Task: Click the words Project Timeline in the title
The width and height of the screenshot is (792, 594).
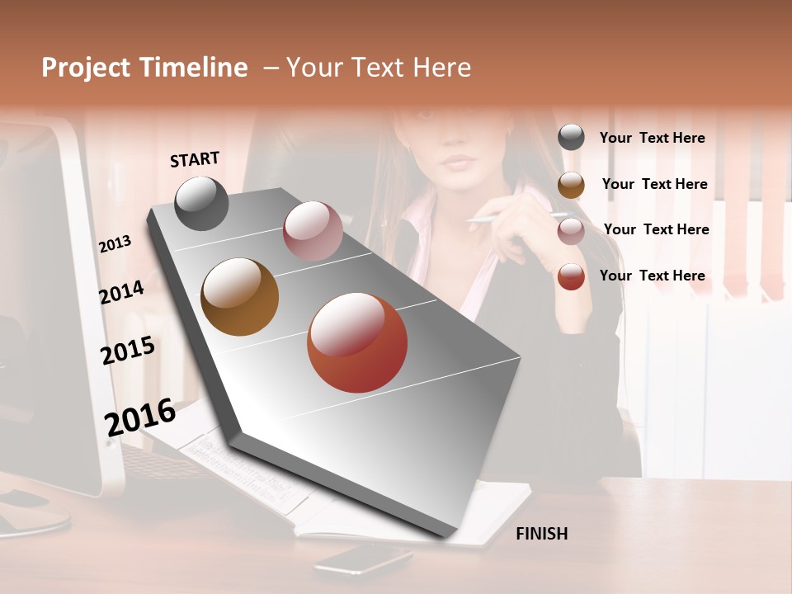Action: pos(144,68)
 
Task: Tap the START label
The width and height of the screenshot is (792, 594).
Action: pos(195,159)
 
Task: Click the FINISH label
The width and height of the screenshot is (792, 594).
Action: pos(541,534)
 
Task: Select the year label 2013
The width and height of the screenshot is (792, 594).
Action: pos(115,243)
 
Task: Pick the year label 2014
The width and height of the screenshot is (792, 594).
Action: pos(121,292)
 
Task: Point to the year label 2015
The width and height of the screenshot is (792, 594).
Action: pos(128,350)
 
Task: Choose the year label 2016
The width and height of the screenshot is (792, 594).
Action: pos(140,417)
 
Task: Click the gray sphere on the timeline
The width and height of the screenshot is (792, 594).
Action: pos(201,203)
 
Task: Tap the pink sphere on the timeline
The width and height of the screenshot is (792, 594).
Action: pos(313,231)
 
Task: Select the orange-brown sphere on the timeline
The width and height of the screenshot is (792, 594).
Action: pos(239,297)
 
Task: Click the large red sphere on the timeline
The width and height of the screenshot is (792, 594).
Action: pos(357,342)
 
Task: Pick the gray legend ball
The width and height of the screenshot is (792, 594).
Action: pos(571,138)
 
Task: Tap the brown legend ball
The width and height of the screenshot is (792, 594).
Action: pos(571,185)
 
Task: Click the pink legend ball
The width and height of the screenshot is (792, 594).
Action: pos(571,230)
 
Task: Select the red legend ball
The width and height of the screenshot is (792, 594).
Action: pos(571,276)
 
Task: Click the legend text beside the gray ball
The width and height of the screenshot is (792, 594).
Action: pos(652,138)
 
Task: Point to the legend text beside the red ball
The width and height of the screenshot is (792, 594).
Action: pos(652,276)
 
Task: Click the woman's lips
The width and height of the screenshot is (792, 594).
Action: pos(458,160)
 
